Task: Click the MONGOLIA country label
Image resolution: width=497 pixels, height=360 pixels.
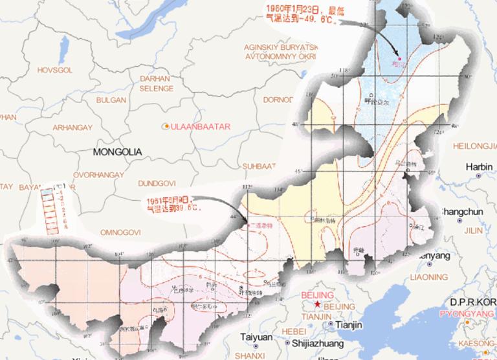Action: tap(116, 152)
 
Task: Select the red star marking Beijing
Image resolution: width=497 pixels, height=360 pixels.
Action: tap(317, 304)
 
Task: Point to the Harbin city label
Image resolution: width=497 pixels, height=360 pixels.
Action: tap(480, 167)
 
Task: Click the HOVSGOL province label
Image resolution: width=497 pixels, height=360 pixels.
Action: tap(40, 69)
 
